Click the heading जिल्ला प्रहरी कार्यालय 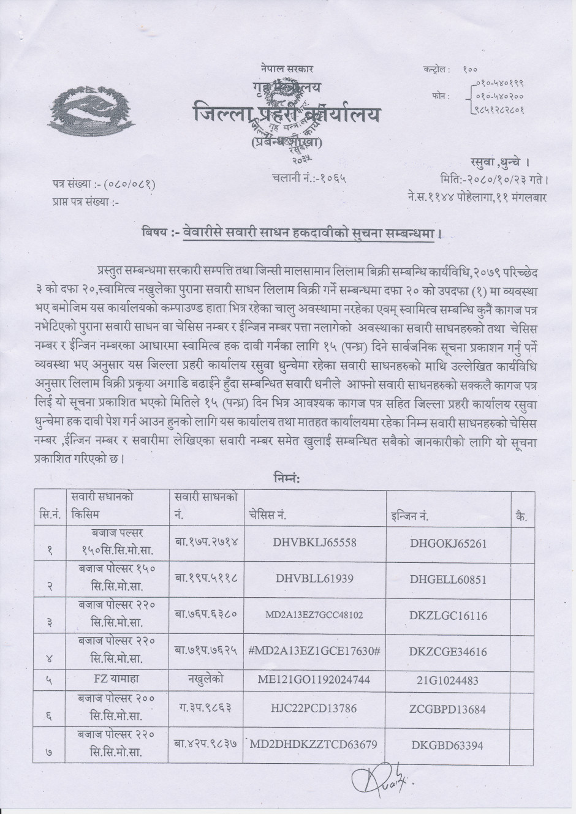click(x=286, y=114)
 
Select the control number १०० click(x=470, y=70)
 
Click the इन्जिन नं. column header click(x=409, y=516)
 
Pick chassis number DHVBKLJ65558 click(x=316, y=543)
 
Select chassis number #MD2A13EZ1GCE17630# click(x=315, y=652)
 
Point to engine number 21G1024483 click(x=449, y=680)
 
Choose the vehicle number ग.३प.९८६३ click(x=205, y=707)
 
